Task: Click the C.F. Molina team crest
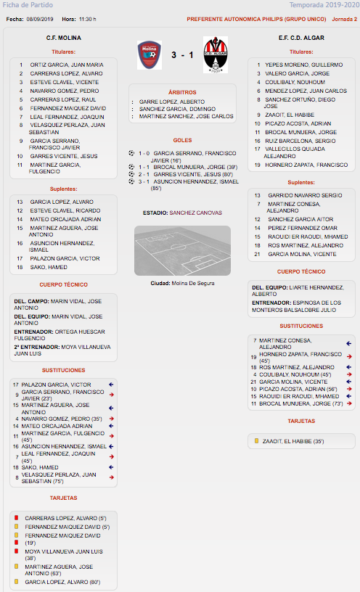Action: (x=150, y=55)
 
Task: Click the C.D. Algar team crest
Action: (x=216, y=54)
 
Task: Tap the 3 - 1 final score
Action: (x=182, y=55)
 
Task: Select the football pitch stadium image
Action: (x=182, y=250)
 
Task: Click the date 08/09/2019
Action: (x=40, y=20)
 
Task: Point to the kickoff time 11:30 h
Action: (x=88, y=20)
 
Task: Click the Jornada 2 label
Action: (x=345, y=20)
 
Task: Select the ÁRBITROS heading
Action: (x=182, y=92)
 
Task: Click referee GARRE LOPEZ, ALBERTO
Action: (x=172, y=102)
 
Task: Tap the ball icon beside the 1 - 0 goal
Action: (x=131, y=153)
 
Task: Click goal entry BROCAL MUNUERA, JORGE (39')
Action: (x=195, y=167)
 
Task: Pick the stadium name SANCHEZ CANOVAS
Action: (x=196, y=213)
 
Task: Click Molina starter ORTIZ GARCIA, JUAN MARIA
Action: (x=67, y=65)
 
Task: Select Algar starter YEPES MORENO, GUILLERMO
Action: (x=303, y=65)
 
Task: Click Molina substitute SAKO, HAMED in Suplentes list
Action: (x=49, y=267)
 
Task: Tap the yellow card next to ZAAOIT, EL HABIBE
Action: (x=256, y=440)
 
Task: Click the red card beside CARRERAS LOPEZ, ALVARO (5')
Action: (x=16, y=517)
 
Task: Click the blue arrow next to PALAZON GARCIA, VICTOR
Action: (x=111, y=385)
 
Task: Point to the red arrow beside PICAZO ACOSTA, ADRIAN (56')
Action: (x=349, y=389)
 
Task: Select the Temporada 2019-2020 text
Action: (x=324, y=5)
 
